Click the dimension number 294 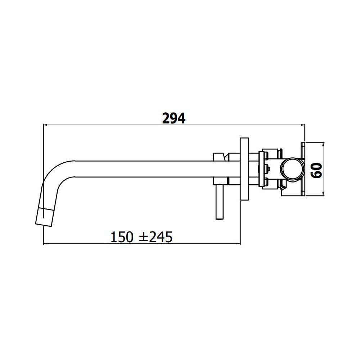click(x=174, y=118)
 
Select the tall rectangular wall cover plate click(x=244, y=169)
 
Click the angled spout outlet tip click(x=44, y=217)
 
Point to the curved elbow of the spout click(x=55, y=175)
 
